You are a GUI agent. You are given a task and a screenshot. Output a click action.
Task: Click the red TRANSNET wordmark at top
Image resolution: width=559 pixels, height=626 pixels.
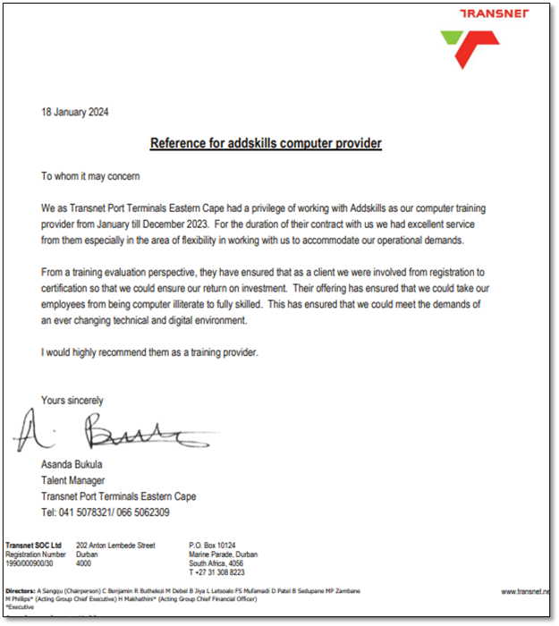click(494, 13)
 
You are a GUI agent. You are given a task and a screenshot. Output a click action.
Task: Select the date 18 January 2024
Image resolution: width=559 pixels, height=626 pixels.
click(75, 113)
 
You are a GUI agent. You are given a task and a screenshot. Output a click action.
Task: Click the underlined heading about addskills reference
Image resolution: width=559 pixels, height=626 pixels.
click(266, 143)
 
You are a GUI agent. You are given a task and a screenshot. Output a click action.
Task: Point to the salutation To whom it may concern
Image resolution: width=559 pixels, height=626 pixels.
click(90, 176)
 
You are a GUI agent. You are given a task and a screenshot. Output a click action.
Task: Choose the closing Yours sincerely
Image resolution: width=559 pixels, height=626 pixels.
click(72, 401)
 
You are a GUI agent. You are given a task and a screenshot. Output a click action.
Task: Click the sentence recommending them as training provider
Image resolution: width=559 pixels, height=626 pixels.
click(149, 352)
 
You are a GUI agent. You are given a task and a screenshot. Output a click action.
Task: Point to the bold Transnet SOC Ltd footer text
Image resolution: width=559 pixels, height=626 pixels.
click(33, 545)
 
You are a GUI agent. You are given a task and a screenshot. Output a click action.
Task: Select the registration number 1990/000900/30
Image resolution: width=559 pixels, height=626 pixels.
click(30, 563)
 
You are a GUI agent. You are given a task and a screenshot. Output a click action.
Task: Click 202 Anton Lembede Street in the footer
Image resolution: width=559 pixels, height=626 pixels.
click(116, 545)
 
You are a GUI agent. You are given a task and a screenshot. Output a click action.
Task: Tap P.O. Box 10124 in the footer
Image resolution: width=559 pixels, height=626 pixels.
click(212, 545)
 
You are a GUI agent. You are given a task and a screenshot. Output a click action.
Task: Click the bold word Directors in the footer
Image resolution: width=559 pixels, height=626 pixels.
click(21, 592)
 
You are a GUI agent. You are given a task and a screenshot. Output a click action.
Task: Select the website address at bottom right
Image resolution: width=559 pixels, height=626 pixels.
click(527, 592)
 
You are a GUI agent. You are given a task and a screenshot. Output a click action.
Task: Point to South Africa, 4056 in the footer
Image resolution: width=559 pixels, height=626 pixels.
click(217, 563)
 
